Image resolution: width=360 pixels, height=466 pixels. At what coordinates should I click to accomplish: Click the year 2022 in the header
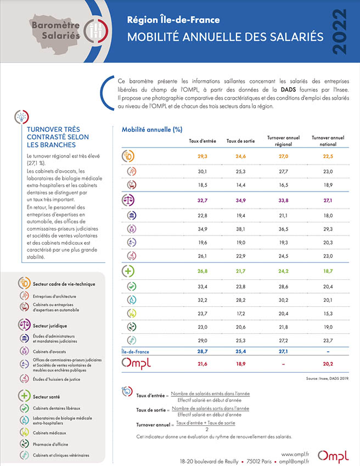point(340,31)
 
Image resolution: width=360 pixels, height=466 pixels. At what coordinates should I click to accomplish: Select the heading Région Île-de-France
point(173,20)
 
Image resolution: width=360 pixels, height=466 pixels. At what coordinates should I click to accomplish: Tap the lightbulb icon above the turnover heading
point(22,117)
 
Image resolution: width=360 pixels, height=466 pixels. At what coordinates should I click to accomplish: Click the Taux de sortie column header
point(240,141)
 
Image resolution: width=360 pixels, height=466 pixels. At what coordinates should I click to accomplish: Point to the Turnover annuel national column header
point(328,141)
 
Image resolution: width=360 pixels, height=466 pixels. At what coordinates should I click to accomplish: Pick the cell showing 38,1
point(240,229)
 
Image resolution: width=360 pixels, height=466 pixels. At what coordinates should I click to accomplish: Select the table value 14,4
point(240,185)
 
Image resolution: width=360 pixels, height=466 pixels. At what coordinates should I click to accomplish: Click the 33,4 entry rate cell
point(203,287)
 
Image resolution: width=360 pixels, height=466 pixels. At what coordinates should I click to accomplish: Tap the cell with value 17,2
point(240,313)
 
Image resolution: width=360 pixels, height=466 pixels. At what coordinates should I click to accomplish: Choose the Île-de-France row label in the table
point(136,352)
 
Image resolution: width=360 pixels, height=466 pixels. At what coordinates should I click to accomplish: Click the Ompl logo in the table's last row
point(136,363)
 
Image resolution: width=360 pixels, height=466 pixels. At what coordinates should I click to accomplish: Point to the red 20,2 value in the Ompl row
point(328,364)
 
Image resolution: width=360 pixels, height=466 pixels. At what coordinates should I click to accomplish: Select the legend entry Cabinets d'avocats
point(49,352)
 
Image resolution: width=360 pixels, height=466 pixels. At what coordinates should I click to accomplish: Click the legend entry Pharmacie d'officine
point(50,444)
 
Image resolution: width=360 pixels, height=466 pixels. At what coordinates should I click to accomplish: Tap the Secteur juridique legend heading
point(50,325)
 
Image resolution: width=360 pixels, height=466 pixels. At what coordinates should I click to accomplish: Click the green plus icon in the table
point(128,271)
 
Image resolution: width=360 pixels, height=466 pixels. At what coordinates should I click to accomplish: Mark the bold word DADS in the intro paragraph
point(288,89)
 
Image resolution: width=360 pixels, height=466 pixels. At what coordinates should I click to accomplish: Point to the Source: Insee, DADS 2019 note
point(327,379)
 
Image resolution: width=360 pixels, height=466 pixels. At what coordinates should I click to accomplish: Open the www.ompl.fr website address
point(295,454)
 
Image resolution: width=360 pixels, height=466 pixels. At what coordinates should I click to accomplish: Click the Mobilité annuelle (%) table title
point(152,130)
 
